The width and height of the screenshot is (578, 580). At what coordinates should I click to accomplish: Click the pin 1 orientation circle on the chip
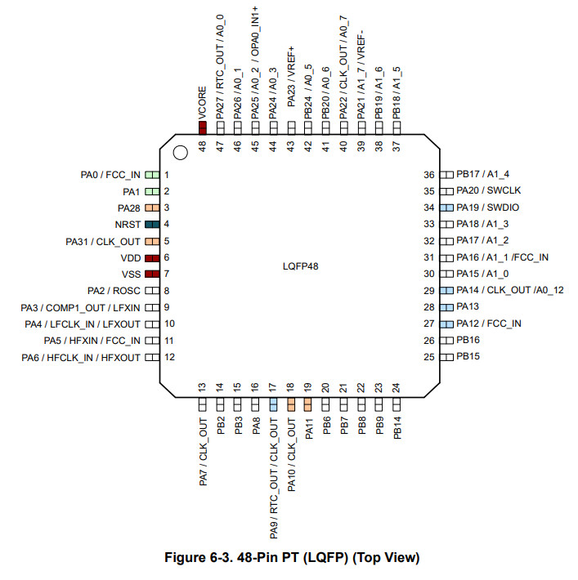[x=180, y=151]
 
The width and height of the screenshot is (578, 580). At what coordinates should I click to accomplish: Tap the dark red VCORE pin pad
[x=202, y=127]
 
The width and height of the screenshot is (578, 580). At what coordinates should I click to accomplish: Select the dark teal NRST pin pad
[x=151, y=224]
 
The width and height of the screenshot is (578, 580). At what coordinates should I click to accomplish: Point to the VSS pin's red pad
[x=151, y=274]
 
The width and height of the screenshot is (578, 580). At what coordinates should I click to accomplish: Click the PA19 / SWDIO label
[x=487, y=207]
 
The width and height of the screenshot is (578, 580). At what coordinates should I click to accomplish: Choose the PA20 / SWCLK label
[x=488, y=191]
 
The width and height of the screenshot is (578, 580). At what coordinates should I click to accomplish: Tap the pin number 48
[x=202, y=145]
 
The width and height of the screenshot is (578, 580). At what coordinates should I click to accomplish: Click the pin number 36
[x=428, y=175]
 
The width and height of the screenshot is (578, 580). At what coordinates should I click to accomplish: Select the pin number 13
[x=202, y=388]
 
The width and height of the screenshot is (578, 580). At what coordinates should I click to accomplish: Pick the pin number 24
[x=397, y=388]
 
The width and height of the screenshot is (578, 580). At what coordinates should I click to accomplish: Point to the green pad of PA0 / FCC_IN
[x=151, y=175]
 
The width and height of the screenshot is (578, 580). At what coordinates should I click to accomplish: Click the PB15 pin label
[x=468, y=357]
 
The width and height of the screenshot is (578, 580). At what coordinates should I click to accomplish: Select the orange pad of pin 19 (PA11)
[x=308, y=404]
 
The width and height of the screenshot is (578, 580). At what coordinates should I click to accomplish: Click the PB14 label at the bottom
[x=397, y=428]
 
